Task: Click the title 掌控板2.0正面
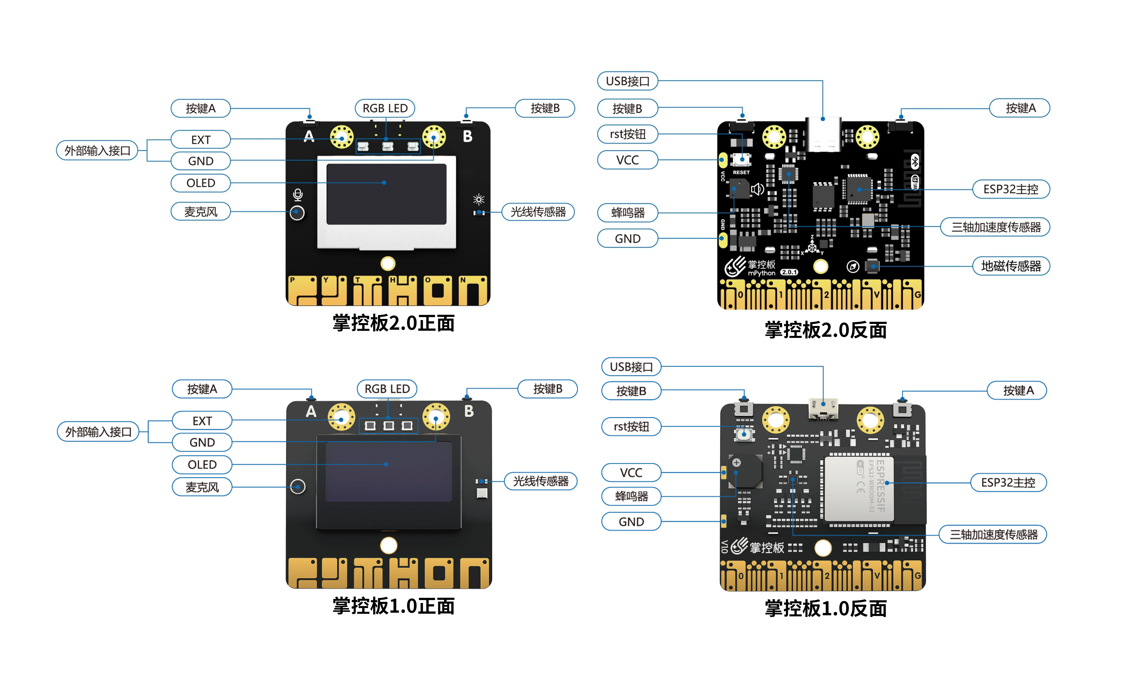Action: click(x=393, y=323)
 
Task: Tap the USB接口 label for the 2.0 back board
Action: click(x=627, y=81)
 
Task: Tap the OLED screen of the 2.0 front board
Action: click(x=386, y=194)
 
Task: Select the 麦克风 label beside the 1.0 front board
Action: click(x=202, y=487)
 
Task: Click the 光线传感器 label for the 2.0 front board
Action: click(x=538, y=212)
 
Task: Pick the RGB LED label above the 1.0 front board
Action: click(x=387, y=389)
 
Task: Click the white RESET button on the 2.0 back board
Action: click(x=741, y=160)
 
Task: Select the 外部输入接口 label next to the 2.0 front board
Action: click(x=97, y=151)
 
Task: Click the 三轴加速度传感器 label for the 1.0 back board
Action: click(x=993, y=534)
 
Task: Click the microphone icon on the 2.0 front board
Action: click(x=298, y=195)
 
